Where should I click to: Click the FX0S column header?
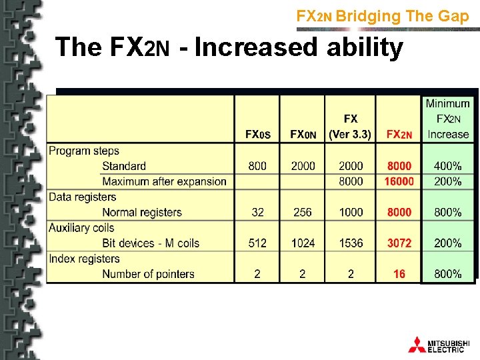point(257,135)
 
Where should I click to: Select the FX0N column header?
point(303,135)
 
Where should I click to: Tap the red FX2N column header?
point(399,135)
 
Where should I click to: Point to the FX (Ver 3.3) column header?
point(351,127)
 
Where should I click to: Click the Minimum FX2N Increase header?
point(448,119)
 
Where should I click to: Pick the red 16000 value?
point(399,181)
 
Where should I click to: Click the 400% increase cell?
point(448,166)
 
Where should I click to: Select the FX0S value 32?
point(257,212)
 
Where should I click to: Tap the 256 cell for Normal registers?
point(303,212)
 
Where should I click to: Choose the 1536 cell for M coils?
point(351,243)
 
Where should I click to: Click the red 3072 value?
point(399,243)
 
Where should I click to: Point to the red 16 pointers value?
point(399,274)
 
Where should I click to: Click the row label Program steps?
point(84,151)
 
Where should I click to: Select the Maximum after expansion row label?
point(164,181)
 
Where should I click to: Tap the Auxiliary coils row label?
point(81,228)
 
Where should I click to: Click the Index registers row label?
point(84,259)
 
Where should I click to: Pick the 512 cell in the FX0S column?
point(257,243)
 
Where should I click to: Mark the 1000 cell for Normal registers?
point(351,212)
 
